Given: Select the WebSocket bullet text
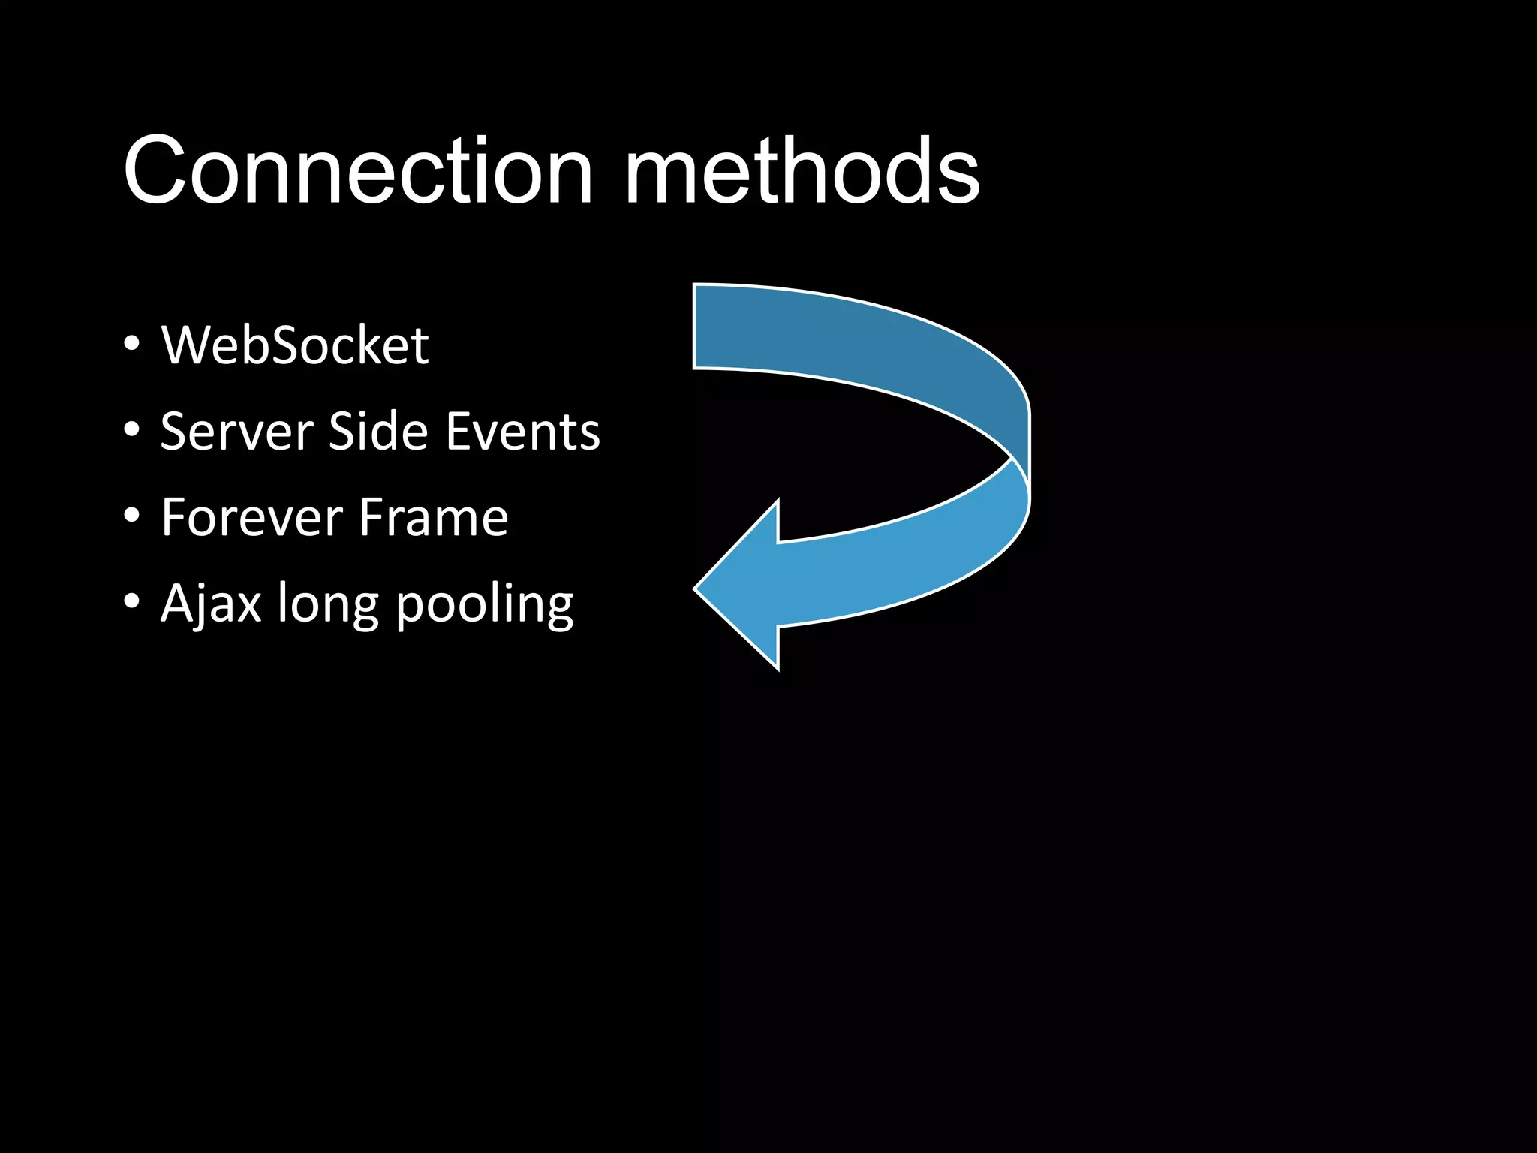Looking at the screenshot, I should pos(295,346).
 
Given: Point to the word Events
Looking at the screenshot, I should pos(522,432).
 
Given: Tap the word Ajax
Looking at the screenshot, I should pos(211,604).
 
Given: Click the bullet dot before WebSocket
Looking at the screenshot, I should pos(132,345).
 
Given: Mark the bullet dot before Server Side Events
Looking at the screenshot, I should pos(132,431).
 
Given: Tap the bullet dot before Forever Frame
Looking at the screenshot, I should pos(132,516).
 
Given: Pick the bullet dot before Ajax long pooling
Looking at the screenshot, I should pos(132,602).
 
